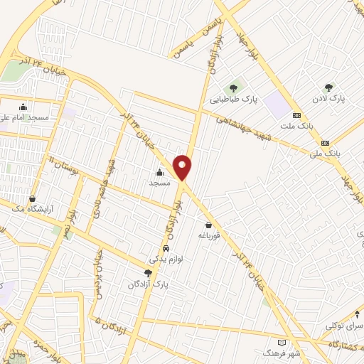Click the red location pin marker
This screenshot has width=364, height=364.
click(x=183, y=166)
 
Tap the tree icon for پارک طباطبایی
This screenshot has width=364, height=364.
click(x=233, y=87)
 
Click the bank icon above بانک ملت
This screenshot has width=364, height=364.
click(x=296, y=115)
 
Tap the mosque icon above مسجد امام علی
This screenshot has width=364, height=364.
click(x=24, y=107)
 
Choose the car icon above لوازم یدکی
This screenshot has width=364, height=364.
click(x=166, y=249)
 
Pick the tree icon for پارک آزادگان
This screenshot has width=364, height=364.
click(x=148, y=272)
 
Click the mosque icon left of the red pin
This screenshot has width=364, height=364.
click(x=159, y=172)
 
